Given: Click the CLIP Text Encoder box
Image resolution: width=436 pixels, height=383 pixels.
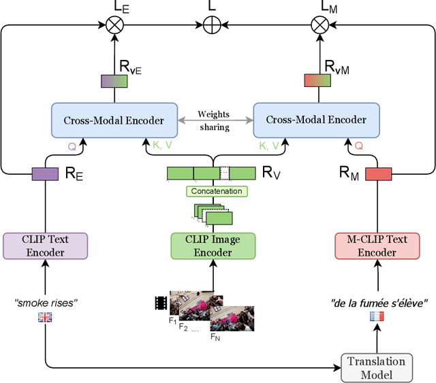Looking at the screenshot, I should (46, 246).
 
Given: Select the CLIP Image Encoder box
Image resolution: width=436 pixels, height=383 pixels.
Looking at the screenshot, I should (213, 246).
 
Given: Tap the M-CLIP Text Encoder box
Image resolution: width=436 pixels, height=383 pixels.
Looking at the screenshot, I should (377, 246).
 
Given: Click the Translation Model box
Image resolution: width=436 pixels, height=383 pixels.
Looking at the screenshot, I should (377, 368).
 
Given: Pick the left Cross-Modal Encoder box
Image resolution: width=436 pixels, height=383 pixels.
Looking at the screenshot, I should (114, 120).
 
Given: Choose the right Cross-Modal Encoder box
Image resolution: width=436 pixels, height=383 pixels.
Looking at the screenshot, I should (315, 120).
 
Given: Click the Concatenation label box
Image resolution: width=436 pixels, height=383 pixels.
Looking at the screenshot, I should (216, 191).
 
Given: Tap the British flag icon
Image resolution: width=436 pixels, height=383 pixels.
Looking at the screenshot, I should (45, 316).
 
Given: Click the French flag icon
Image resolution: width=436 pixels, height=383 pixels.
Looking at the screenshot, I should (377, 316).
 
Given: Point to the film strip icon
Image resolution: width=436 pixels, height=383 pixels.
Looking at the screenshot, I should (161, 302).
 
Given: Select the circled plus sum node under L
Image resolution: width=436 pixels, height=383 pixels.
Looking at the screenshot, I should (213, 25).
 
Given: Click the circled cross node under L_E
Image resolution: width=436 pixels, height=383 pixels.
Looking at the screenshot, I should (114, 25).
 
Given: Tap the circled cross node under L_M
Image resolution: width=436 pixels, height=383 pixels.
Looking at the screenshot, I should (318, 25).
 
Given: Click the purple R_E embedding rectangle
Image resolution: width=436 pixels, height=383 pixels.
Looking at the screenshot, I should (46, 174).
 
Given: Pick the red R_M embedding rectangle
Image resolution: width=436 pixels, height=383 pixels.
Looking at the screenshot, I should (378, 174).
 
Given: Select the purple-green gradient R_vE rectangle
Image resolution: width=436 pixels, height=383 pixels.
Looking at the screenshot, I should (114, 81).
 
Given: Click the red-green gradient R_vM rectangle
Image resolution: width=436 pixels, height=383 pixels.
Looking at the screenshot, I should (317, 81).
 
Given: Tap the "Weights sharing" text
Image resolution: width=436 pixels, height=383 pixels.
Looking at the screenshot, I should (214, 120).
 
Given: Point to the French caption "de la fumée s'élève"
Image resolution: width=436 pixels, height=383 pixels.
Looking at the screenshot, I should (379, 303).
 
